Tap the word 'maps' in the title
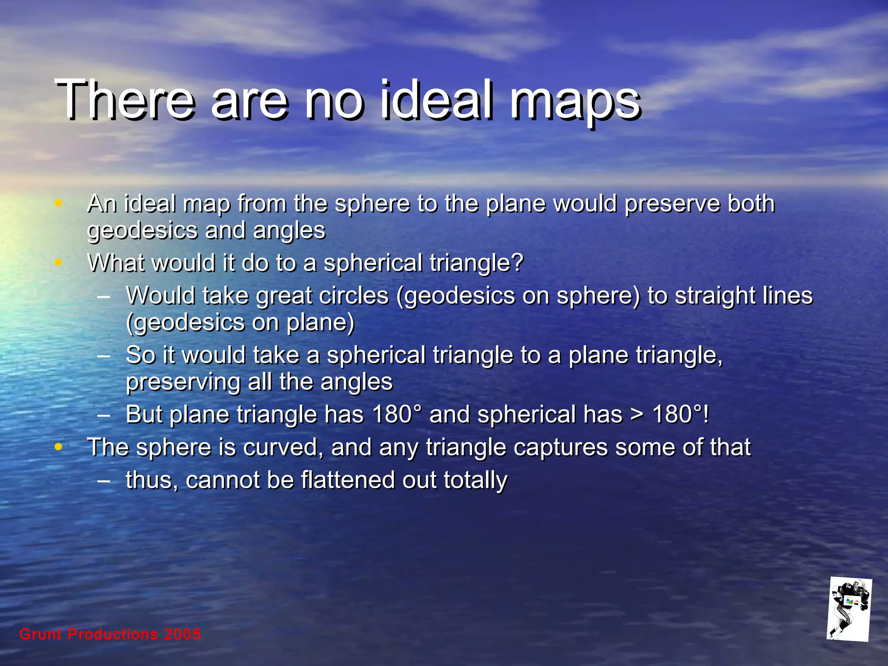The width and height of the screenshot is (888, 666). [x=575, y=104]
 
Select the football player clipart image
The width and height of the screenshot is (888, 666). [x=849, y=610]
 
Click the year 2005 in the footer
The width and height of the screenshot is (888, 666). [x=183, y=634]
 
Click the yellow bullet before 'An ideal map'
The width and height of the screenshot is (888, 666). [x=59, y=203]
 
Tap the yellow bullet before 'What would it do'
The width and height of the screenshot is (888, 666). [x=59, y=262]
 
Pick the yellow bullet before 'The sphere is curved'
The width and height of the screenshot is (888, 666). [x=59, y=447]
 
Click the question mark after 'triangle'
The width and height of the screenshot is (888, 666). [x=517, y=263]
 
